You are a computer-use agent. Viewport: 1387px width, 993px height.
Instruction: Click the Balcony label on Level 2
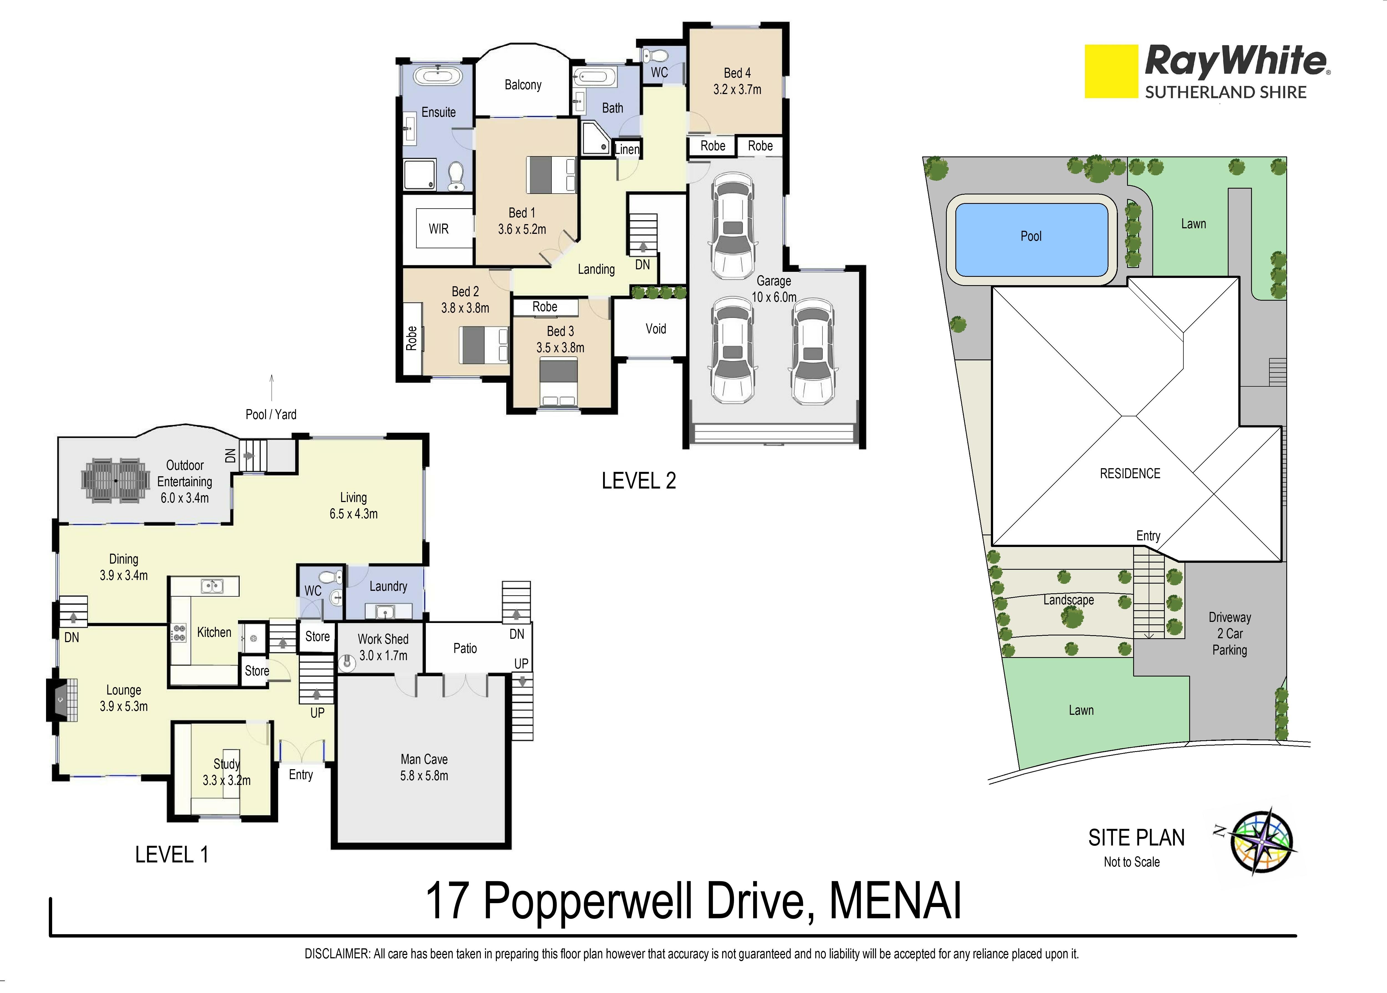[x=523, y=85]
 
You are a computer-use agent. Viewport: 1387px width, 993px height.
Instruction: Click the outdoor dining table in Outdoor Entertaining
[x=116, y=481]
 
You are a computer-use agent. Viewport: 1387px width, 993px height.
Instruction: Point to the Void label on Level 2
[x=655, y=329]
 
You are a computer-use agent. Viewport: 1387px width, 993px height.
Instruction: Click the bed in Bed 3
[x=559, y=383]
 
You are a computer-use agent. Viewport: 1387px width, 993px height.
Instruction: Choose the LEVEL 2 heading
[x=639, y=481]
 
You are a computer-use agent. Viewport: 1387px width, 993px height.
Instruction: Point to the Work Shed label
[x=383, y=639]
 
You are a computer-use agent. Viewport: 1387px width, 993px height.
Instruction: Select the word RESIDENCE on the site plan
[x=1130, y=474]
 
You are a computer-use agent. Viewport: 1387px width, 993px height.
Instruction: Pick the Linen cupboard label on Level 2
[x=627, y=149]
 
